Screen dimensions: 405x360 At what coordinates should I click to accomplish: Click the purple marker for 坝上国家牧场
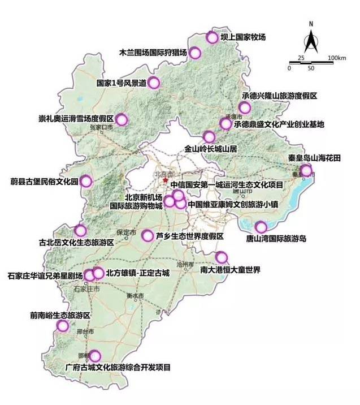click(x=212, y=38)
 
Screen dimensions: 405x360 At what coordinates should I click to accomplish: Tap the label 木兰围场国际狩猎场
click(x=152, y=53)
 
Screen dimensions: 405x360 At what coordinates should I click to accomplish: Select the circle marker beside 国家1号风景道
click(x=153, y=83)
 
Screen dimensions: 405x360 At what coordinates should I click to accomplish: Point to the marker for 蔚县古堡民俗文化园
click(x=86, y=181)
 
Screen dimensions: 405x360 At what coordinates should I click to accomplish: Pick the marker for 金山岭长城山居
click(x=209, y=136)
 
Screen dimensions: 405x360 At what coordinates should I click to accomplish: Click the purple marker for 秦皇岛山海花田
click(x=306, y=171)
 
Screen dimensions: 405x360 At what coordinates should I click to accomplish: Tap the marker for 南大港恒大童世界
click(x=221, y=257)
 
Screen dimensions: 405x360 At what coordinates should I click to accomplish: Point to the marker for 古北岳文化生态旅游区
click(x=80, y=231)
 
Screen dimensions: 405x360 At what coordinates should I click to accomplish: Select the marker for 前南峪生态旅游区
click(x=63, y=326)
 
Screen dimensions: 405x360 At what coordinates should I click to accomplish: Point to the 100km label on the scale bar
click(x=336, y=58)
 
